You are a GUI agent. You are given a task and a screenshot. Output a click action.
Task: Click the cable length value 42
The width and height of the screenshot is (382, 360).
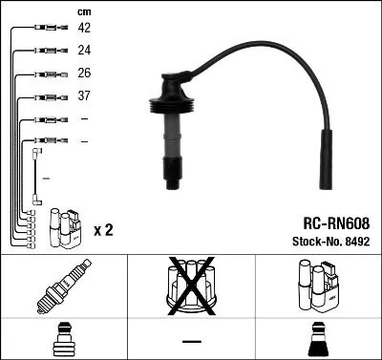point(84,29)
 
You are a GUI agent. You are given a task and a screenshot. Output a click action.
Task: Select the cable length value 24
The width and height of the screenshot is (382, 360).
point(84,51)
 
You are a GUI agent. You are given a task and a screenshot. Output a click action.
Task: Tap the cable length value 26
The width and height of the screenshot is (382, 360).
point(84,73)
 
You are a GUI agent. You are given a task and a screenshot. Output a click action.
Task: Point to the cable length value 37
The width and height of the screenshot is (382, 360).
point(84,95)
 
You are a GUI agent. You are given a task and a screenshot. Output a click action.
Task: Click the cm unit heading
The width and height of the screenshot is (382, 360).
point(83,11)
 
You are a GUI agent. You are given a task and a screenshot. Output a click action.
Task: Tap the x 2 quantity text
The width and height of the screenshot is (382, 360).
point(104,230)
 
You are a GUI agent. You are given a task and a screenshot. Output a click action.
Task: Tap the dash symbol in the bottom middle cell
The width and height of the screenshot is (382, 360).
point(191,341)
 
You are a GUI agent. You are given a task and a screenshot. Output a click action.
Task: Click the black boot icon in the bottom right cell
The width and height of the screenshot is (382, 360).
point(318,341)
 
